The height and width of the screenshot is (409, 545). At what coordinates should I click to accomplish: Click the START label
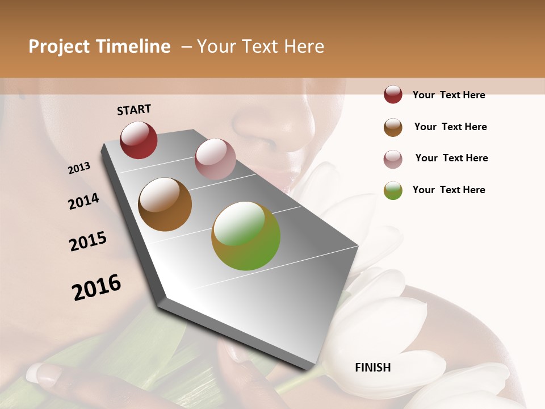click(134, 110)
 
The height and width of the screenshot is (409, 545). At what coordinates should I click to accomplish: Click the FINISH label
click(373, 368)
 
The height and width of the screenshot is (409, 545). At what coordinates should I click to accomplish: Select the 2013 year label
click(79, 168)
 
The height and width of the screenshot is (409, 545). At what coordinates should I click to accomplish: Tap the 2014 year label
click(83, 201)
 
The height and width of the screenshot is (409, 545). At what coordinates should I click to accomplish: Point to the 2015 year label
click(88, 241)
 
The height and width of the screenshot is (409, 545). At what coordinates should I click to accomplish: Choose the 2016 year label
click(97, 287)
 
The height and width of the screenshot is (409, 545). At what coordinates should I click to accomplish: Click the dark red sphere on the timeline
click(139, 140)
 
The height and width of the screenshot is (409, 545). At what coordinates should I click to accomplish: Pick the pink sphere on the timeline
click(215, 159)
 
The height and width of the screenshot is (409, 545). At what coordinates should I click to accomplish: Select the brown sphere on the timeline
click(165, 204)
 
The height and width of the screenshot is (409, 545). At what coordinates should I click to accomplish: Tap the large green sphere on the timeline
click(246, 236)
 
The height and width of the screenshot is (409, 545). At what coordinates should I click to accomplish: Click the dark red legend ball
click(393, 95)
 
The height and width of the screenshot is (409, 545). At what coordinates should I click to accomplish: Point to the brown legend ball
click(393, 127)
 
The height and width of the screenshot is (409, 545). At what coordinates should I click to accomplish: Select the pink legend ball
click(393, 159)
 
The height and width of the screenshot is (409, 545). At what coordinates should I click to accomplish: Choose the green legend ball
click(393, 190)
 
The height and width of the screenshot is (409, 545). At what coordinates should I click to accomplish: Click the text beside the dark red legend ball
click(448, 95)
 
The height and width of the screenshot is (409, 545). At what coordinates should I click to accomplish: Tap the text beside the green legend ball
click(448, 190)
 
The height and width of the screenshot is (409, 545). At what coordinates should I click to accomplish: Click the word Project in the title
click(59, 47)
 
